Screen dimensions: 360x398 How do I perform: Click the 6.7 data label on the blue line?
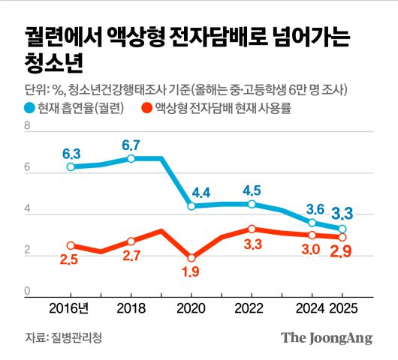pos(131,144)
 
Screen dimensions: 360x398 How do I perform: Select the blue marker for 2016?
pos(71,166)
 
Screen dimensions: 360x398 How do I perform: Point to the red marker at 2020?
pos(191,257)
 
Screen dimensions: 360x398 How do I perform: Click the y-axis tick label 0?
pos(27,292)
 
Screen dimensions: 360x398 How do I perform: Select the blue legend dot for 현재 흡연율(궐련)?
pos(31,108)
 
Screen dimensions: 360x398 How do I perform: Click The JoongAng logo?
pos(327,337)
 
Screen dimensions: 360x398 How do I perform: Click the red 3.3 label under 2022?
pos(253,244)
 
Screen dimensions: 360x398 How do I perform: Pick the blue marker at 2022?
pos(252,204)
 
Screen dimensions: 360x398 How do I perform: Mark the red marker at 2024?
pos(312,235)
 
